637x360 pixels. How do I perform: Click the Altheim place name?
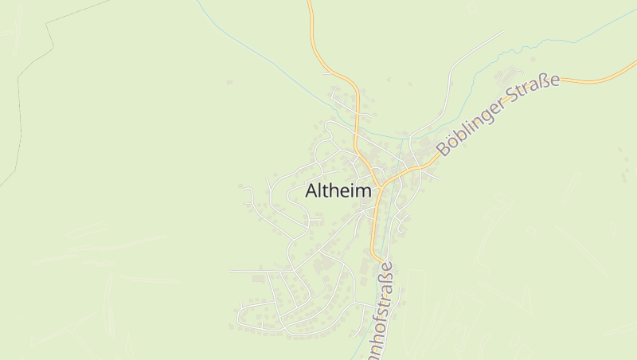point(338,191)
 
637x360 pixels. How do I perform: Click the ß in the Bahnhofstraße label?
point(386,277)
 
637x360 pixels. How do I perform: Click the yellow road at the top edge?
point(310,3)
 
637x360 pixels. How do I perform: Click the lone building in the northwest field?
point(229,82)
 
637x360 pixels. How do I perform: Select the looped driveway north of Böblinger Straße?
point(510,76)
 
